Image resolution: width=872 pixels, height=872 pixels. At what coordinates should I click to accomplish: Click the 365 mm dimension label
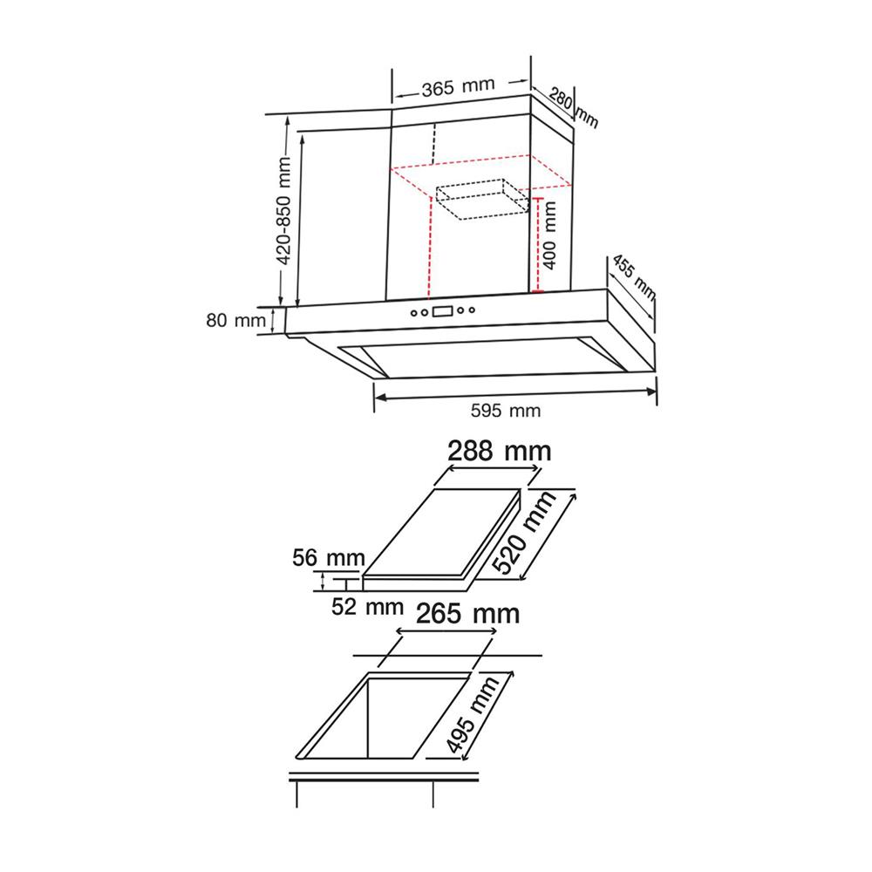pyautogui.click(x=458, y=87)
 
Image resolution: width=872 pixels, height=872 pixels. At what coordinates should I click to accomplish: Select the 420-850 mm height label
pyautogui.click(x=283, y=211)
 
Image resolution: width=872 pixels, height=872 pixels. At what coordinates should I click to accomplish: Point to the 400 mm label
pyautogui.click(x=548, y=235)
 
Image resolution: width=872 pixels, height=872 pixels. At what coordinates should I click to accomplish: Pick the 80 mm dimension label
pyautogui.click(x=235, y=320)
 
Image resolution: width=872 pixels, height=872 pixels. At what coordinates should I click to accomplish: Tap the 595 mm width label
pyautogui.click(x=506, y=411)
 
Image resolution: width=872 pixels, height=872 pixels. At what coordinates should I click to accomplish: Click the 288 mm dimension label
pyautogui.click(x=500, y=451)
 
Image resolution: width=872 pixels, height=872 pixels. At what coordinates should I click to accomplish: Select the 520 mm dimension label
pyautogui.click(x=524, y=532)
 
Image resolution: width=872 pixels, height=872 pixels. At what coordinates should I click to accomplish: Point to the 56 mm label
pyautogui.click(x=329, y=558)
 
